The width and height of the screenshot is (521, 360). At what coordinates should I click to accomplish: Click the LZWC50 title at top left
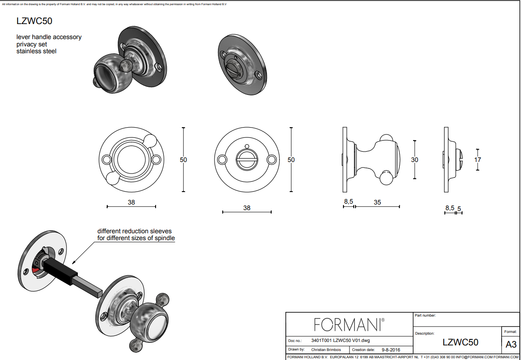point(34,21)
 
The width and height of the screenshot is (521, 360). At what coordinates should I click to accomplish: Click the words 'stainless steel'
point(37,51)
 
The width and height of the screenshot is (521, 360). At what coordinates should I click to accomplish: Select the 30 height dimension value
point(414,160)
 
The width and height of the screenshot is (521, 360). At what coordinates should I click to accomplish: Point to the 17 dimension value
point(478,160)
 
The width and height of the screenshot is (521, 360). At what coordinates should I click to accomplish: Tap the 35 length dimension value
point(377,202)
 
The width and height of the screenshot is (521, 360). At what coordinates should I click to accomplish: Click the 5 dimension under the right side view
point(459,209)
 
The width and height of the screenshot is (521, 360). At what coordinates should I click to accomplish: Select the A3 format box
point(511,344)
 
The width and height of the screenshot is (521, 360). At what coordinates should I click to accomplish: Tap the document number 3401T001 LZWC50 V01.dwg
point(340,340)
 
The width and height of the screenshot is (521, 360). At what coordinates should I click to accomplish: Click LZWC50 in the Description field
point(460,342)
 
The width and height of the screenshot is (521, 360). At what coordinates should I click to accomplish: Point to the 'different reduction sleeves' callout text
point(135,231)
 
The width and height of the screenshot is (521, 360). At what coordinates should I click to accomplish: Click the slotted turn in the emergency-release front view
point(247,159)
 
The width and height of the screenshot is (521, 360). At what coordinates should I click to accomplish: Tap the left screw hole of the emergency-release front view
point(222,160)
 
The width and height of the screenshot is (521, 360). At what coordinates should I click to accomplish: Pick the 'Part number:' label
point(425,315)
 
